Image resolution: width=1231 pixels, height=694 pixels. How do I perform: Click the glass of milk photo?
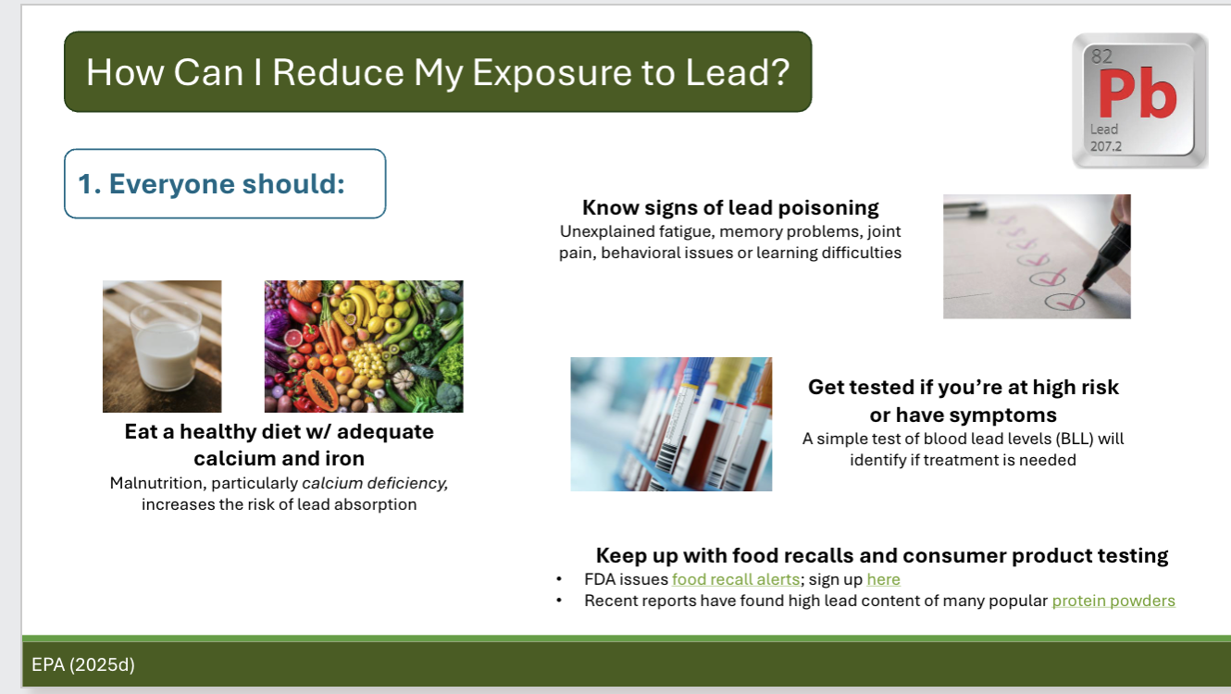(x=162, y=346)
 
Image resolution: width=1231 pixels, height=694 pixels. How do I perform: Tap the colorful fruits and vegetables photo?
(x=364, y=346)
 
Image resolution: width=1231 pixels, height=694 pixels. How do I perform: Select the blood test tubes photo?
(x=671, y=424)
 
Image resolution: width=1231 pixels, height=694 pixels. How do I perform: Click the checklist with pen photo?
(x=1037, y=256)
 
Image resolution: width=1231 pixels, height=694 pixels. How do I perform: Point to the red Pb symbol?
(x=1138, y=95)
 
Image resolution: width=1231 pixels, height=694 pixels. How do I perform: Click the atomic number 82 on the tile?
(x=1101, y=56)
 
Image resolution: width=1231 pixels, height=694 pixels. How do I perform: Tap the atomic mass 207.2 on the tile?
(x=1106, y=146)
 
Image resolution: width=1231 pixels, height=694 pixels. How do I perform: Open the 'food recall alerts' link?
(x=735, y=579)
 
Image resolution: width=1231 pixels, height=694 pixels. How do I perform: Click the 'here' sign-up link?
(x=883, y=579)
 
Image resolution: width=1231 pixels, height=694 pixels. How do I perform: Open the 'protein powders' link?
(x=1113, y=601)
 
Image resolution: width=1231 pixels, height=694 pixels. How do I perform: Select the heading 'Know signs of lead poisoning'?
(x=730, y=207)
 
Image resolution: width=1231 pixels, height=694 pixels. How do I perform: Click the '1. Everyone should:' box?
(x=225, y=183)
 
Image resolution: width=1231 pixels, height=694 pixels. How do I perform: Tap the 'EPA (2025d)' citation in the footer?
(x=83, y=663)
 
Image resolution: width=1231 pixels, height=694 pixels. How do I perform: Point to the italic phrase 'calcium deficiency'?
(x=375, y=483)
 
